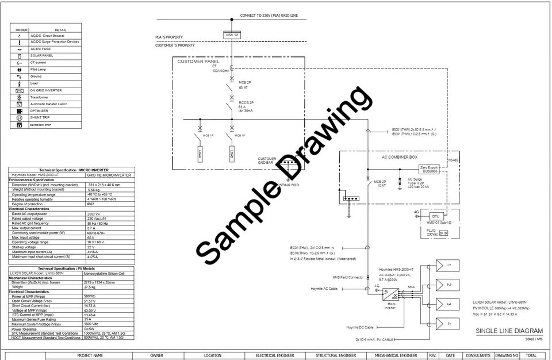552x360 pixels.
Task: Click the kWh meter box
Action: (232, 35)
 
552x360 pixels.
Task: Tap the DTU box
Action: (435, 216)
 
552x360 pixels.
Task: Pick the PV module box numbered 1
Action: (447, 266)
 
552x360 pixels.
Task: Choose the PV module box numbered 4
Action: (447, 324)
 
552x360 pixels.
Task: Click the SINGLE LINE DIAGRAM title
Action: (509, 331)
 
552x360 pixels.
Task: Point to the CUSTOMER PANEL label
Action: (198, 62)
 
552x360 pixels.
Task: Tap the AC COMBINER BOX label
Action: (400, 156)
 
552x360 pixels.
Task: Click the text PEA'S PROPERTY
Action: (169, 37)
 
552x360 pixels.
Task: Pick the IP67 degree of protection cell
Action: (91, 204)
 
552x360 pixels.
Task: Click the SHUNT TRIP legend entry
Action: (40, 117)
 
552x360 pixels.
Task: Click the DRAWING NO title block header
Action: (507, 355)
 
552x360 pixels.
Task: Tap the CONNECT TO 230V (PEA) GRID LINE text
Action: (269, 15)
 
